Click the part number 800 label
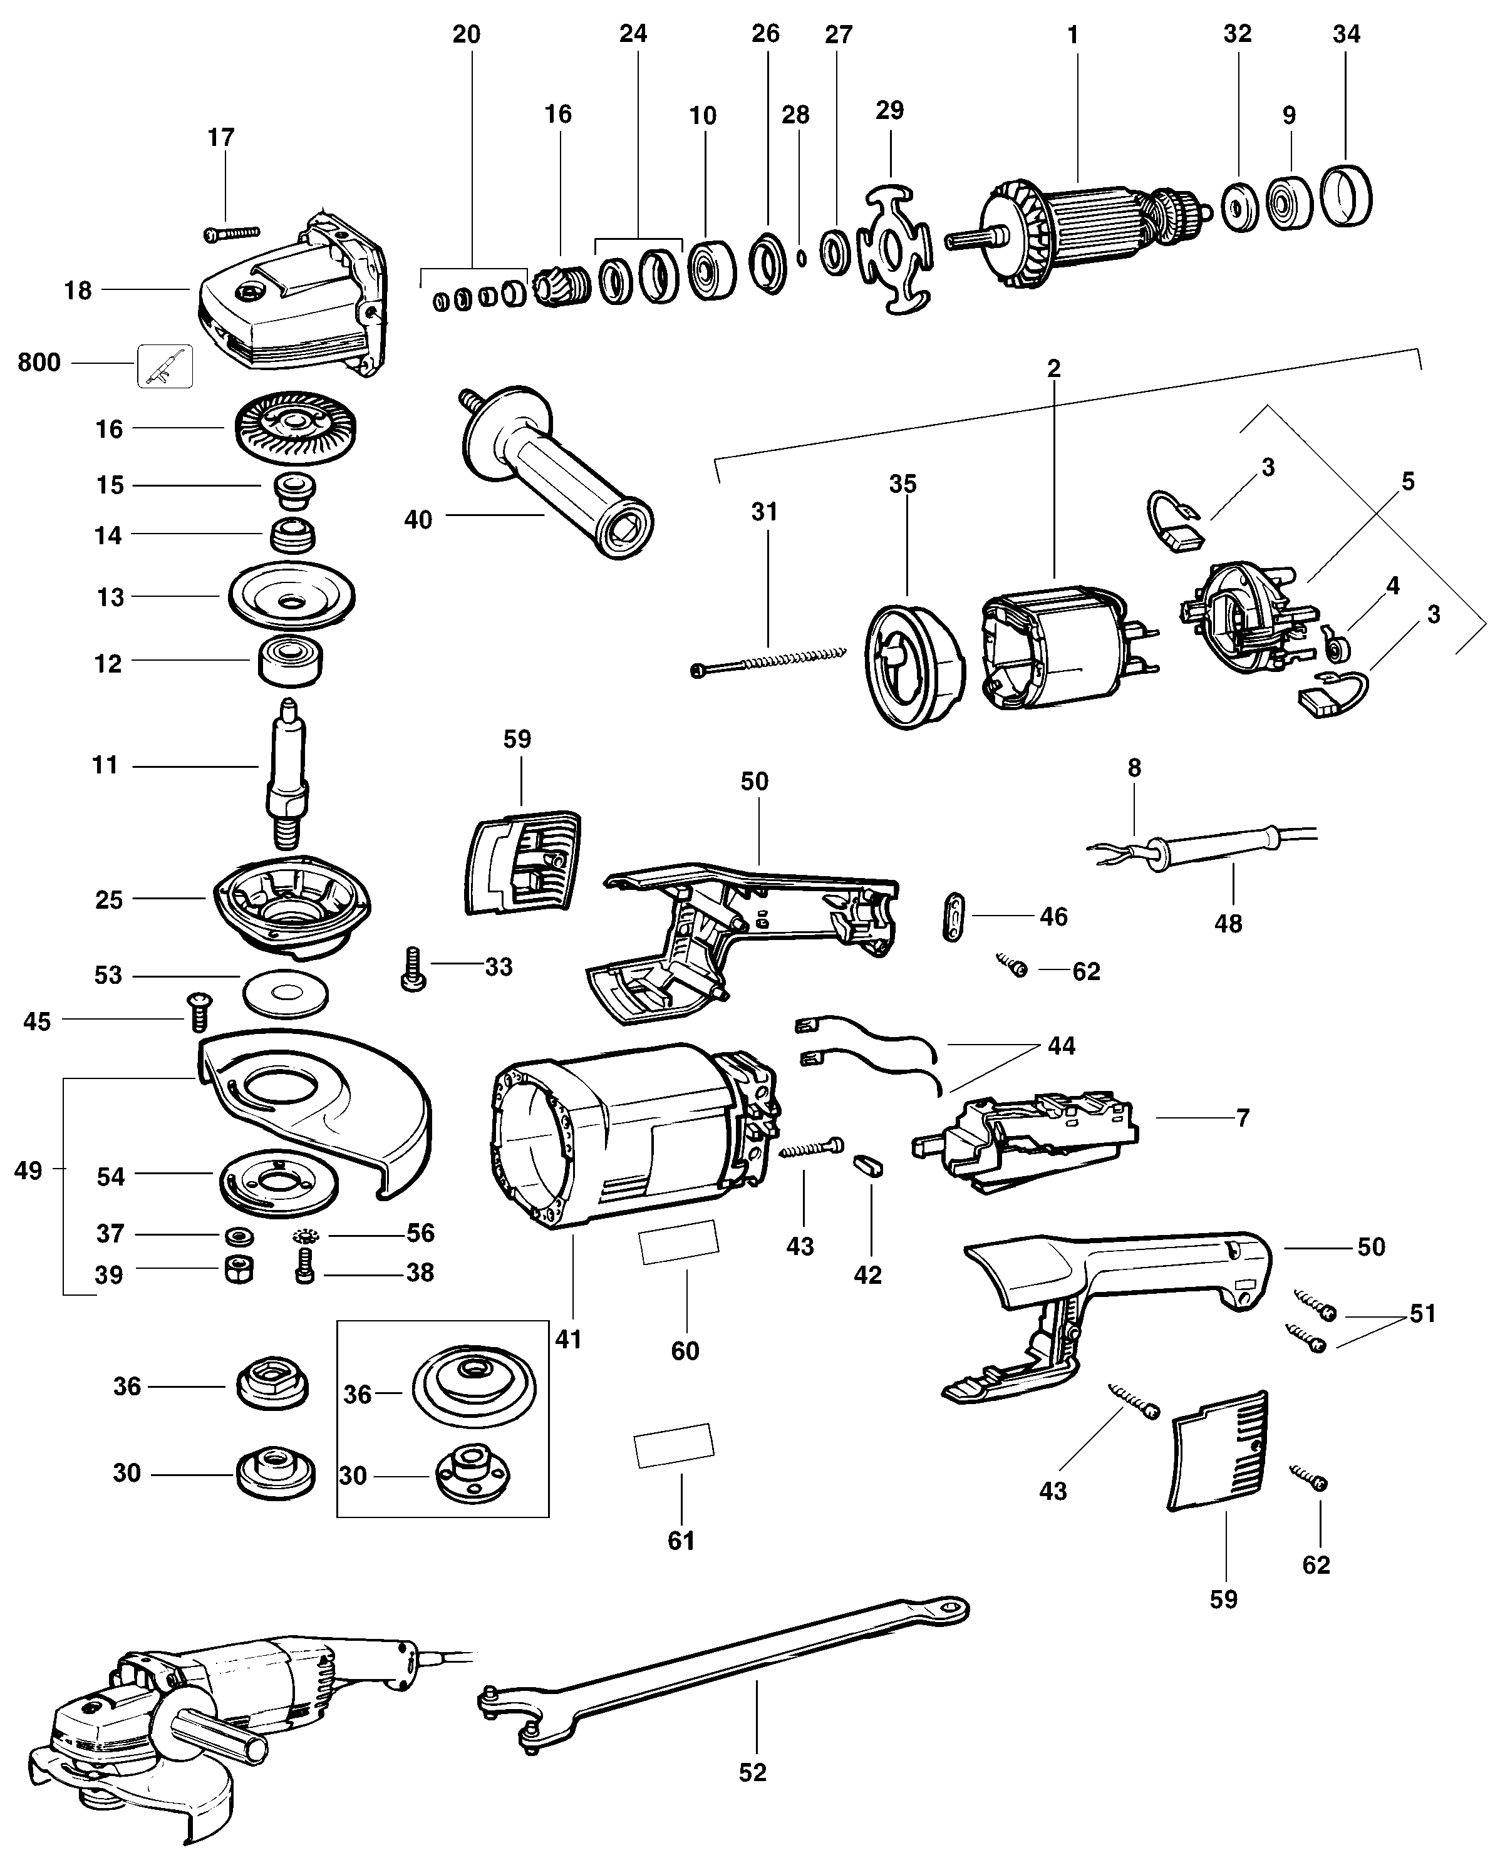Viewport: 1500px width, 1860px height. point(39,363)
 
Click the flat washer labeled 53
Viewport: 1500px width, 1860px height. point(285,993)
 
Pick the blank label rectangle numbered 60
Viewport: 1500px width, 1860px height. point(678,1243)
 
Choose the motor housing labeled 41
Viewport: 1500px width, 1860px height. point(635,1134)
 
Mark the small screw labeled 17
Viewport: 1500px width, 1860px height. point(232,232)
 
